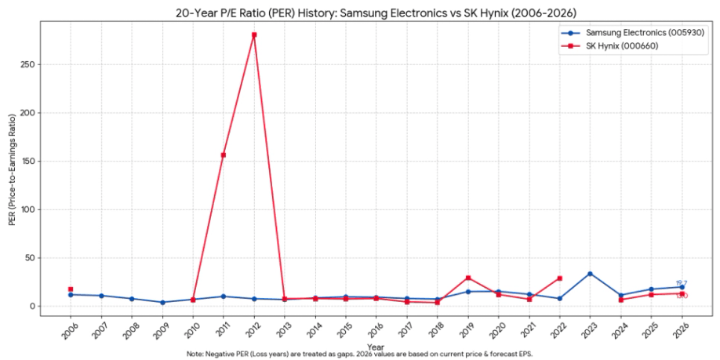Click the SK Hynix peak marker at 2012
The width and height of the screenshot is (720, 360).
coord(254,35)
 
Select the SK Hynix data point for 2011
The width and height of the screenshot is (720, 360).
coord(224,155)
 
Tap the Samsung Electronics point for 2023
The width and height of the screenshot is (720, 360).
coord(590,274)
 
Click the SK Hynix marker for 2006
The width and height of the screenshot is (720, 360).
coord(71,289)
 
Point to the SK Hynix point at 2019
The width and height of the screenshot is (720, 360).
coord(468,278)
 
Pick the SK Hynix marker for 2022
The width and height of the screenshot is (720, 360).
coord(559,278)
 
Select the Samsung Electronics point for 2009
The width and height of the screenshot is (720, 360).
coord(162,302)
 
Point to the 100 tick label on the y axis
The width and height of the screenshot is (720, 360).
coord(38,209)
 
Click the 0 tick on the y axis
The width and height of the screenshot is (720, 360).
coord(44,306)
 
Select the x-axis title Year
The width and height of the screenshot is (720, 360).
coord(375,346)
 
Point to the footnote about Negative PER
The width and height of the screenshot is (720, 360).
coord(359,354)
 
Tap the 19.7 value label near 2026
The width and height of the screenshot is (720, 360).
coord(682,283)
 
